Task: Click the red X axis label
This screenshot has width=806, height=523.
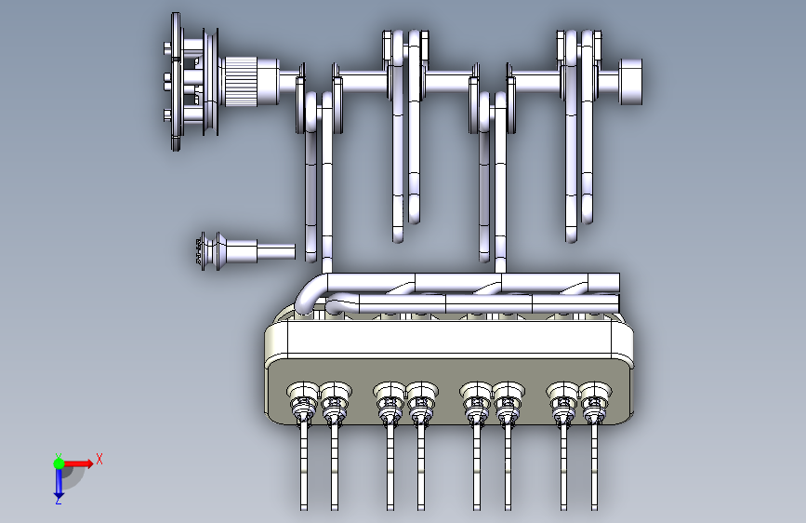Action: (x=99, y=459)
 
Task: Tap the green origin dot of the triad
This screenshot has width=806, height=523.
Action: (x=59, y=463)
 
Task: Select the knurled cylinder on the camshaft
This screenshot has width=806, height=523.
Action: (x=241, y=81)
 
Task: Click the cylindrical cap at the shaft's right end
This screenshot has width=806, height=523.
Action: (x=630, y=81)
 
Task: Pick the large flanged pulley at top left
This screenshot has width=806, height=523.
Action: (x=192, y=81)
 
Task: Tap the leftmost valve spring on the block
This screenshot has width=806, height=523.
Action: (x=303, y=400)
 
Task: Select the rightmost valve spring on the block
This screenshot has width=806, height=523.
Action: (x=595, y=400)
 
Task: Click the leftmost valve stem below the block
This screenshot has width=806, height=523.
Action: (x=304, y=466)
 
